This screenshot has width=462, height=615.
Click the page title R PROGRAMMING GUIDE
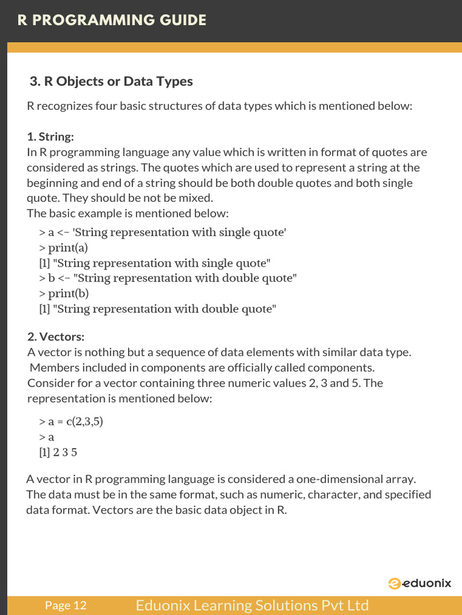tap(112, 20)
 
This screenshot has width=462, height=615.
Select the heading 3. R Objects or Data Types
tap(111, 81)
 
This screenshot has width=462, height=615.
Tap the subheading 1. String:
tap(51, 137)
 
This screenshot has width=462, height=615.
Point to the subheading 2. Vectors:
tap(56, 336)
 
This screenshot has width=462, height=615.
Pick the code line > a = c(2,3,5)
tap(71, 422)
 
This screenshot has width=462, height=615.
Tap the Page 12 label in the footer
tap(66, 605)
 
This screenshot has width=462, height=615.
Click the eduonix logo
tap(419, 583)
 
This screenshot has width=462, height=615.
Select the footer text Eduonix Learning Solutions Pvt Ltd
tap(252, 605)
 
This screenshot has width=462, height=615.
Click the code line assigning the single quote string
tap(162, 232)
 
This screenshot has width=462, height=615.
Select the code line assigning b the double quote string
tap(168, 278)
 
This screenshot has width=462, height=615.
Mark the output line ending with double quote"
tap(158, 309)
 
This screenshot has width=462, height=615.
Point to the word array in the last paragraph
tap(401, 479)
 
